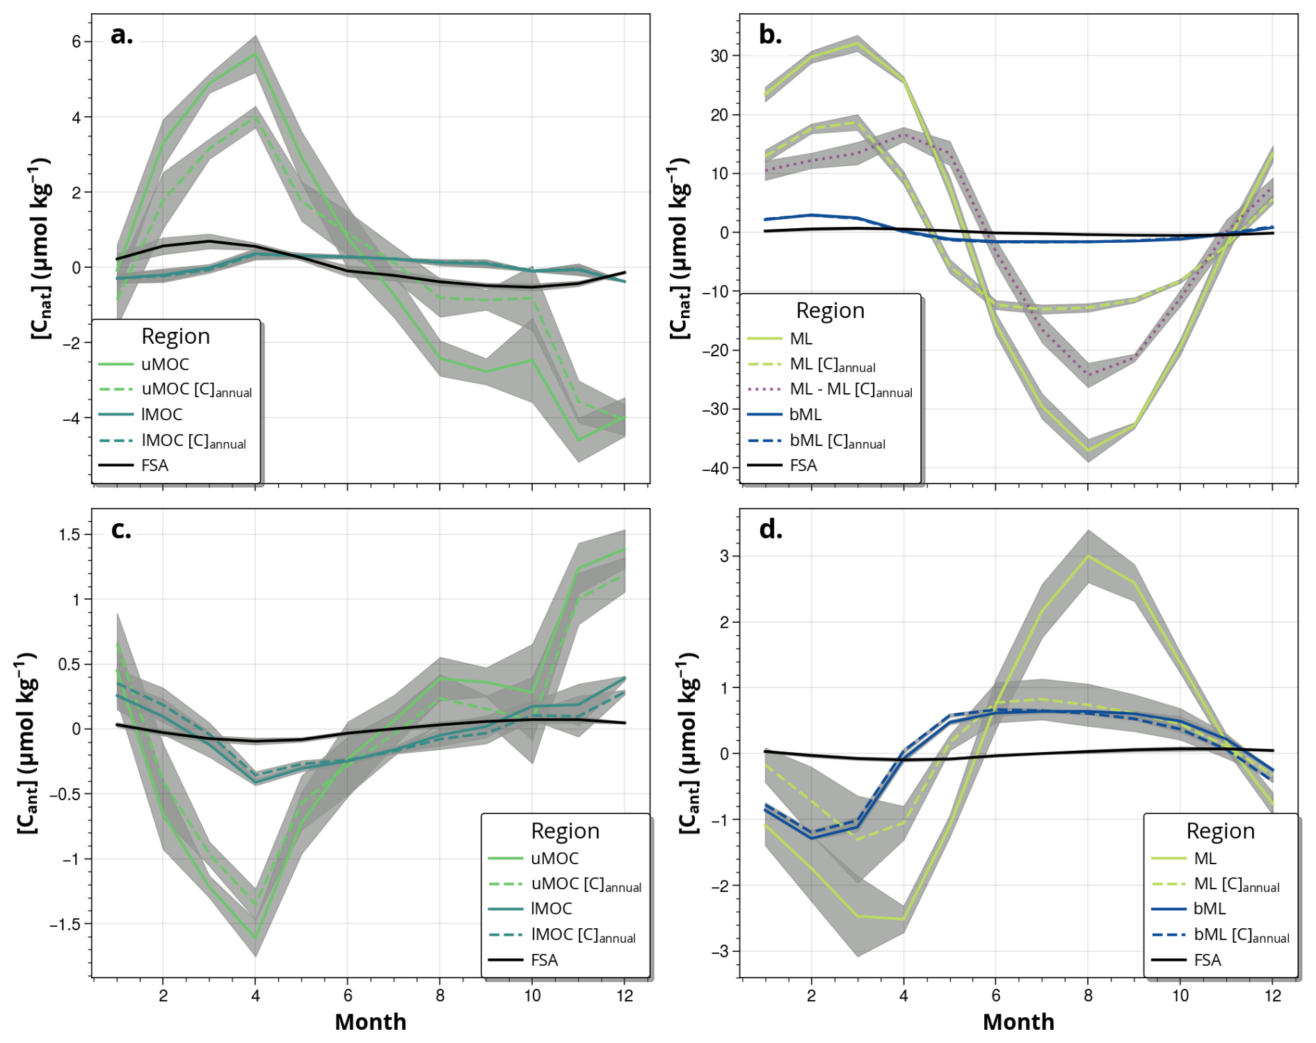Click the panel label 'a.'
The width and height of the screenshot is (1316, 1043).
click(121, 35)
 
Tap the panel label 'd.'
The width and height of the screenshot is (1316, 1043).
click(771, 530)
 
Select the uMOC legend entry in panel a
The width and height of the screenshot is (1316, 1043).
click(165, 364)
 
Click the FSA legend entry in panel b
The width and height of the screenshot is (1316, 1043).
click(803, 465)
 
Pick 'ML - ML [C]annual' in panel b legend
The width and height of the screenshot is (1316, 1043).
click(851, 390)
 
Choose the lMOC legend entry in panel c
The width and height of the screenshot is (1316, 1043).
click(552, 908)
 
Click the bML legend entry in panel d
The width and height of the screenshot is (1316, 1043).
click(1210, 908)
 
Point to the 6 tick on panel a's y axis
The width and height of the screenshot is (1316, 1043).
click(77, 42)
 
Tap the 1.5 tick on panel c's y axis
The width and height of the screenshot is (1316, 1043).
click(70, 534)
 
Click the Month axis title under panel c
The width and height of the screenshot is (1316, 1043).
click(370, 1021)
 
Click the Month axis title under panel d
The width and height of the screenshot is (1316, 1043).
click(1018, 1021)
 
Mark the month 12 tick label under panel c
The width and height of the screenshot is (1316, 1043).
click(625, 996)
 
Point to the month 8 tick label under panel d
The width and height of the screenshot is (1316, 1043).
click(1088, 996)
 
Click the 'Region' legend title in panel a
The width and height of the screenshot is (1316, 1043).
click(175, 336)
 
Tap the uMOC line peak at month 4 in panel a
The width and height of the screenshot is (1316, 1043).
click(256, 54)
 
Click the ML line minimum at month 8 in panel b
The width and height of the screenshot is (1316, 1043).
click(1088, 450)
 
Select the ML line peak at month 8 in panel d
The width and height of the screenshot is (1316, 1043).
click(1088, 556)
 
